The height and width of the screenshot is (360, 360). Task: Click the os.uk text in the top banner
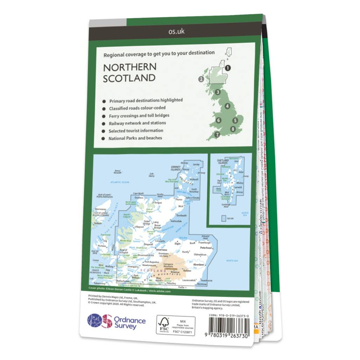[x=176, y=32]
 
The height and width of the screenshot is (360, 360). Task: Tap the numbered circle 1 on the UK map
[x=228, y=68]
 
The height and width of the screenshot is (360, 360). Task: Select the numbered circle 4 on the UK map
[x=228, y=106]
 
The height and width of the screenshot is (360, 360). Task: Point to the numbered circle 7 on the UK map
[x=217, y=134]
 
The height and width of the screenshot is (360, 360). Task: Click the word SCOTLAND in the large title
[x=129, y=78]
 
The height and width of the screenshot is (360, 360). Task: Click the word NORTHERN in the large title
[x=130, y=67]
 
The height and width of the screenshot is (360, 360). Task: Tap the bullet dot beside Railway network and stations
[x=104, y=124]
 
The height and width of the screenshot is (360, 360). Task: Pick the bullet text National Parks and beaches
[x=135, y=138]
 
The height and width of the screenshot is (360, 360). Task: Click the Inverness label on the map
[x=162, y=250]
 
